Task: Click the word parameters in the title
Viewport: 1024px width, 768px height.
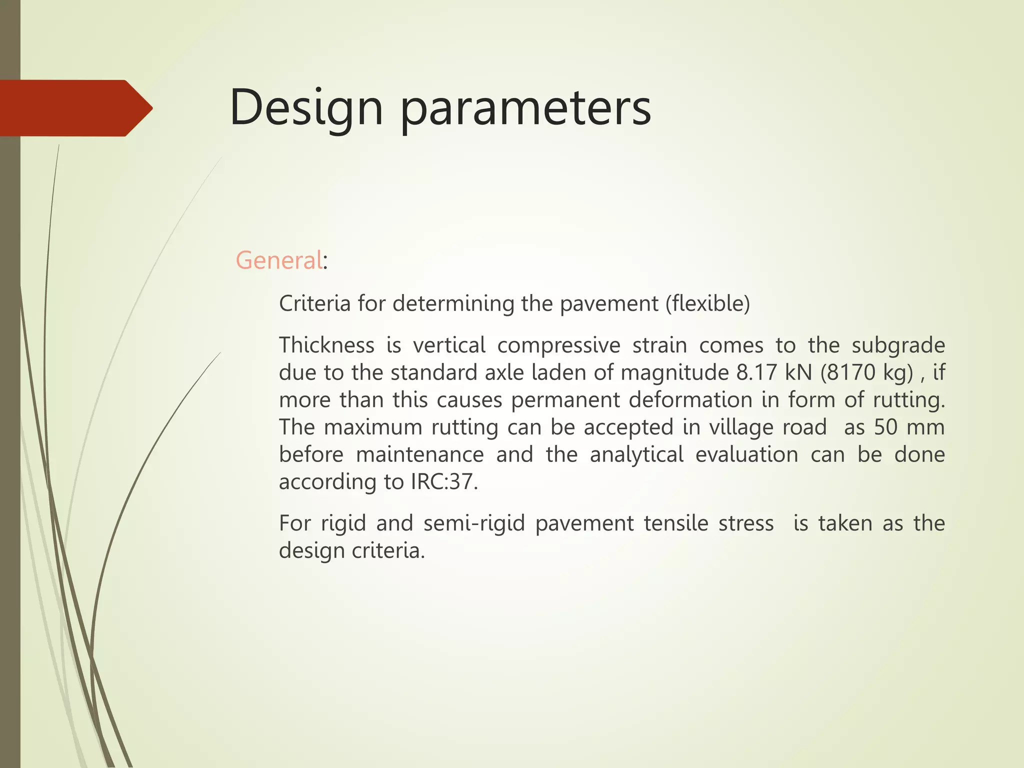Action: coord(525,108)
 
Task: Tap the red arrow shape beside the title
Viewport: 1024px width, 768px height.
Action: coord(75,108)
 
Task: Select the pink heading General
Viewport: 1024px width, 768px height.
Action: coord(279,260)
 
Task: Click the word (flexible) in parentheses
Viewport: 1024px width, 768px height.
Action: coord(707,303)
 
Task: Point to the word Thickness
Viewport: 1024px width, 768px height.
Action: coord(326,345)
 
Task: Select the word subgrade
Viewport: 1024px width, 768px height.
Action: coord(898,345)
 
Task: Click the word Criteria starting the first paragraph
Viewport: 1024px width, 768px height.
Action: coord(314,303)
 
